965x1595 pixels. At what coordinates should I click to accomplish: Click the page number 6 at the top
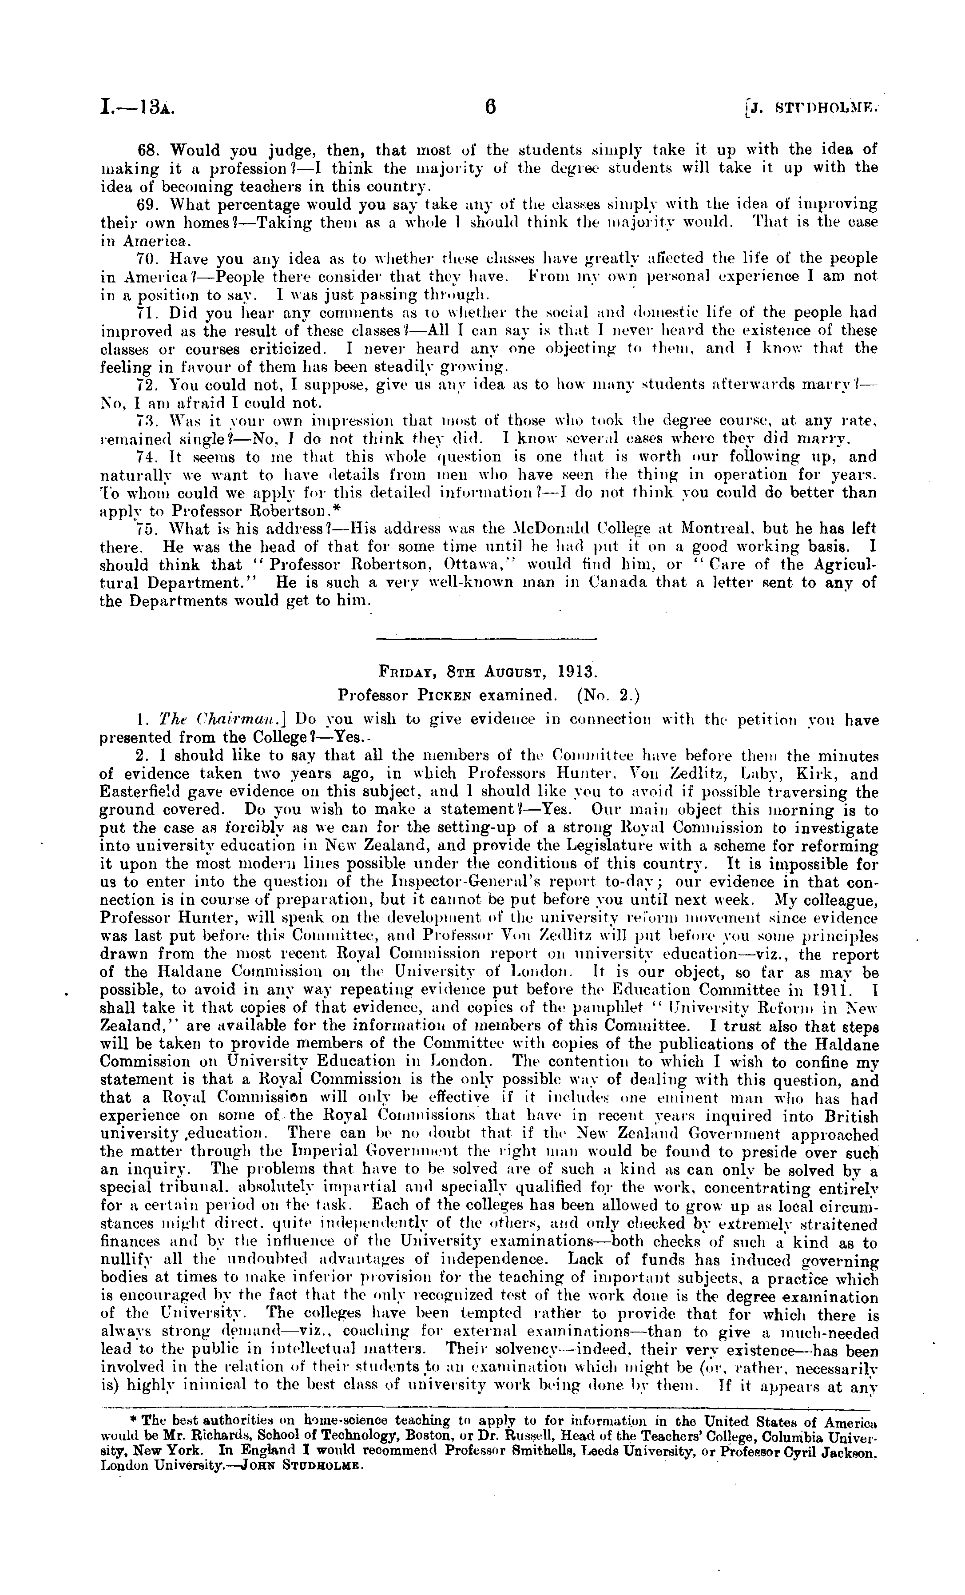490,106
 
